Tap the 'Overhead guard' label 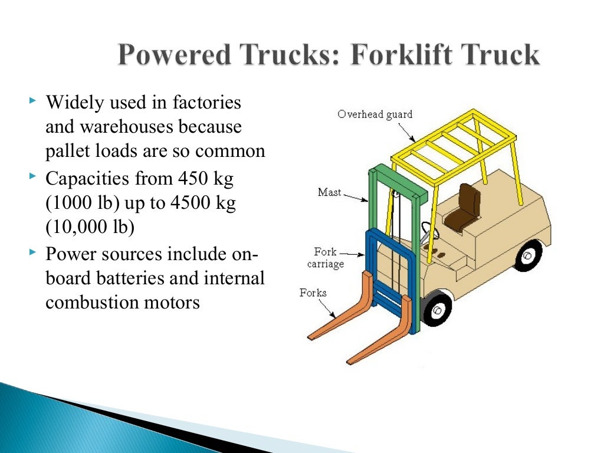tap(375, 114)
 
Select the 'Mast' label tap(329, 192)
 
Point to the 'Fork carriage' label tap(325, 258)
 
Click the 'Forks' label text tap(313, 293)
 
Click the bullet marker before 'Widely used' tap(32, 102)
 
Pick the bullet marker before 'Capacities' tap(32, 177)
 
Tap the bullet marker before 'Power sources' tap(32, 253)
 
